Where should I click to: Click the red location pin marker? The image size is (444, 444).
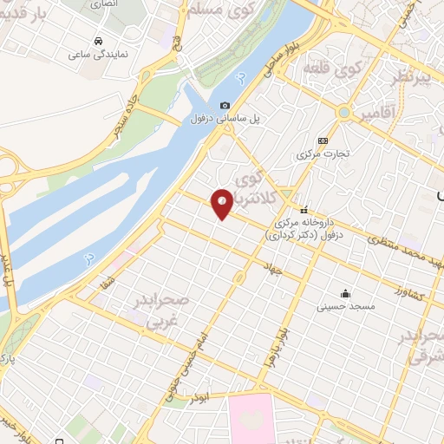[222, 203]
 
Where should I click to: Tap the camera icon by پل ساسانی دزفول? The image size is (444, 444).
[225, 105]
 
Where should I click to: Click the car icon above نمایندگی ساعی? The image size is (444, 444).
[99, 40]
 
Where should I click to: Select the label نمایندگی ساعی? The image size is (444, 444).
[98, 54]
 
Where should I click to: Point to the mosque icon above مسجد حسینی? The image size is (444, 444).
[346, 293]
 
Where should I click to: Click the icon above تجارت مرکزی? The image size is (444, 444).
[323, 140]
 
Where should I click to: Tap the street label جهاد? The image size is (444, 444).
[276, 271]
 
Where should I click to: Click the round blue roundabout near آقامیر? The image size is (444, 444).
[345, 114]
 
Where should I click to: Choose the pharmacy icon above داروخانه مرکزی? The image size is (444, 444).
[304, 211]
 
